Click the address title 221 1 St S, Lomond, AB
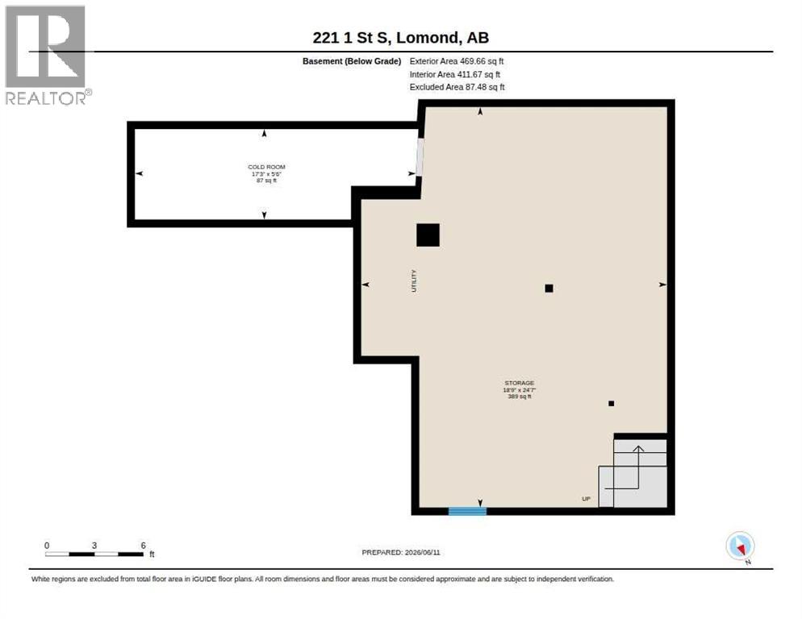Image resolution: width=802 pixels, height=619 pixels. click(x=400, y=37)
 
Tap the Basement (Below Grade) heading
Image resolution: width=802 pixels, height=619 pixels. click(x=352, y=61)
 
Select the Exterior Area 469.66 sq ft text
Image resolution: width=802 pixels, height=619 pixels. click(x=456, y=61)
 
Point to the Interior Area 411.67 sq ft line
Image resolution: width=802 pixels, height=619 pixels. click(x=455, y=75)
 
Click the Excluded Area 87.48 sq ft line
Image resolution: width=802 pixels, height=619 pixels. click(x=457, y=87)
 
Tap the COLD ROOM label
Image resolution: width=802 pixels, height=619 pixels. click(x=266, y=167)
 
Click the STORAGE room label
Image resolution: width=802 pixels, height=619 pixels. click(x=519, y=383)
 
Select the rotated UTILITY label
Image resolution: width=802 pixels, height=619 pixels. click(x=414, y=280)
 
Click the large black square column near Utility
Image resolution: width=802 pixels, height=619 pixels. click(x=428, y=235)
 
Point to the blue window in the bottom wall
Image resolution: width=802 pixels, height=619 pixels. click(x=467, y=511)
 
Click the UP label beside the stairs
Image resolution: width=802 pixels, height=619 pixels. click(x=586, y=499)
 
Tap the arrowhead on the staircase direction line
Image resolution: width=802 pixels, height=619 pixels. click(x=638, y=449)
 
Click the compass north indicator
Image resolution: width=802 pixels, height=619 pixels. click(x=740, y=546)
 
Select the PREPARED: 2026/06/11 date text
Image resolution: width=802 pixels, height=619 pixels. click(x=400, y=553)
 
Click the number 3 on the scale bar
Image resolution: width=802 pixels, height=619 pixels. click(x=94, y=546)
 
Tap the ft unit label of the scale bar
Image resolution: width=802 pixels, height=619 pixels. click(x=152, y=554)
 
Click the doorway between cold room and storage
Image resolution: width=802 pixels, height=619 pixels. click(x=420, y=157)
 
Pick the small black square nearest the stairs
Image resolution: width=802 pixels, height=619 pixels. click(x=612, y=403)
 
